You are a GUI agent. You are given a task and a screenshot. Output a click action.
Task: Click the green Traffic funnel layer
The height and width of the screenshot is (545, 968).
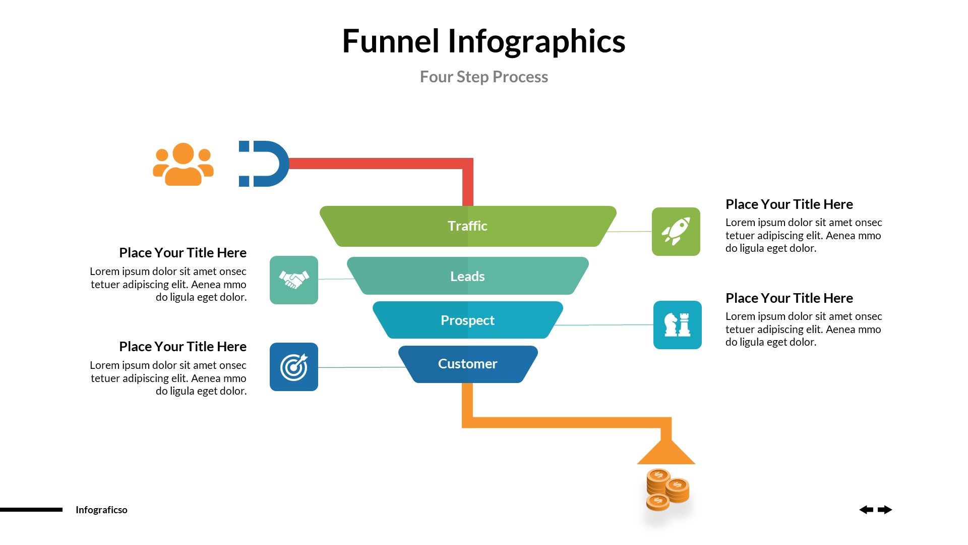click(468, 226)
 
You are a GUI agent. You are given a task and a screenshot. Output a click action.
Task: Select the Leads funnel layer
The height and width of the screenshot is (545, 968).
click(468, 276)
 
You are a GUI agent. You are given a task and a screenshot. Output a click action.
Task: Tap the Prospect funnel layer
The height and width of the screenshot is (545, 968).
click(468, 320)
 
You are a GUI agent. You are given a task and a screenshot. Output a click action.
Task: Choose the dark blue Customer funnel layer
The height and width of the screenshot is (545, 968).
click(468, 364)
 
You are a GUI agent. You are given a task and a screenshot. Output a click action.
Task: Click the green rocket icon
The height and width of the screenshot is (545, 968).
click(676, 232)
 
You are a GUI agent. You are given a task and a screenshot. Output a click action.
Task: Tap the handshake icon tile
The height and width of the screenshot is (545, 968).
click(294, 280)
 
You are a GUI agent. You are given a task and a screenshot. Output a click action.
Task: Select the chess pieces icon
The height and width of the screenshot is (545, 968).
click(677, 325)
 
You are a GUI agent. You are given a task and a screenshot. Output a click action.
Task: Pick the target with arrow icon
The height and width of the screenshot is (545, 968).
click(294, 367)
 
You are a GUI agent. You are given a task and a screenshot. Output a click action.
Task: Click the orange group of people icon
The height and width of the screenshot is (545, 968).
click(183, 164)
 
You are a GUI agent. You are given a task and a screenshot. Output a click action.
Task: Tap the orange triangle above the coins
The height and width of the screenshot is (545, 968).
click(666, 452)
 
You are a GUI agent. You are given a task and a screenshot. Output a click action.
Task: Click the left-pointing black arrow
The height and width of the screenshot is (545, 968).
click(866, 510)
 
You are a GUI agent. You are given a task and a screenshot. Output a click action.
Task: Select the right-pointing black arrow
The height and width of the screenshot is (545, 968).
click(885, 510)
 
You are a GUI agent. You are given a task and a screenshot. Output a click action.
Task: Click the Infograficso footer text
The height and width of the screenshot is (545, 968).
click(101, 510)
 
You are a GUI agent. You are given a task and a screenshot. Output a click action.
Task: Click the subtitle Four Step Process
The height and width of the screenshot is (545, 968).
click(483, 77)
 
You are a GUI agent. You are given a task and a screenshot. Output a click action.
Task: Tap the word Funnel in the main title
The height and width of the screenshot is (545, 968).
click(391, 41)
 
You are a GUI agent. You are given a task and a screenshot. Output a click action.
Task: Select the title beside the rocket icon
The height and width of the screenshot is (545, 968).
click(789, 204)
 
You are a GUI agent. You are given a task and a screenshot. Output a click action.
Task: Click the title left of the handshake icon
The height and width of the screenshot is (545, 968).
click(183, 253)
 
